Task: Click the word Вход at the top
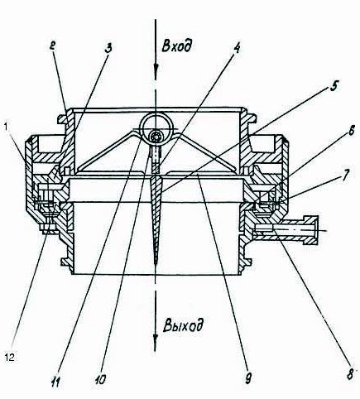click(x=176, y=46)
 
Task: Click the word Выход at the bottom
click(x=183, y=324)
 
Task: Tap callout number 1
click(x=7, y=127)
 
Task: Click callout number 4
click(x=236, y=48)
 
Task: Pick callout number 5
click(x=334, y=86)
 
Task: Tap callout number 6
click(x=351, y=131)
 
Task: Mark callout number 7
click(x=346, y=175)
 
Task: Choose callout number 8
click(x=349, y=374)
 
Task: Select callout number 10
click(x=100, y=380)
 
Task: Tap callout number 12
click(x=9, y=358)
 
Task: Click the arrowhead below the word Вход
click(x=156, y=70)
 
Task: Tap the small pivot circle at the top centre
click(x=156, y=137)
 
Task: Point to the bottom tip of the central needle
click(x=156, y=266)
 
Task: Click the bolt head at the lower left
click(x=50, y=229)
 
